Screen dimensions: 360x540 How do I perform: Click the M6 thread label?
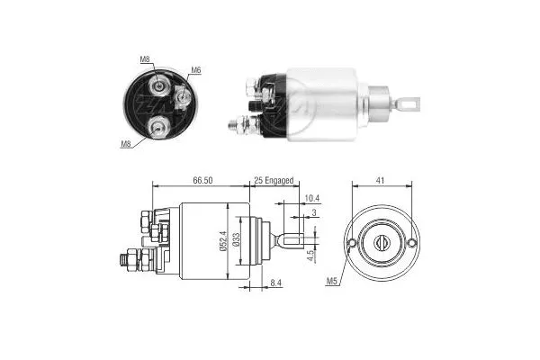pyautogui.click(x=196, y=69)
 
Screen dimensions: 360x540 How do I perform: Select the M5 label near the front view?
pyautogui.click(x=332, y=282)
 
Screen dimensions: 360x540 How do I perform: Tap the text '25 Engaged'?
pyautogui.click(x=274, y=181)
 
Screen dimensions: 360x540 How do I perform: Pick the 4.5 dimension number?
pyautogui.click(x=310, y=256)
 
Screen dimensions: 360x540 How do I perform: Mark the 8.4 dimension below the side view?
pyautogui.click(x=276, y=284)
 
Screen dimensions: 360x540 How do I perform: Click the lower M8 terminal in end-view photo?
pyautogui.click(x=157, y=126)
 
